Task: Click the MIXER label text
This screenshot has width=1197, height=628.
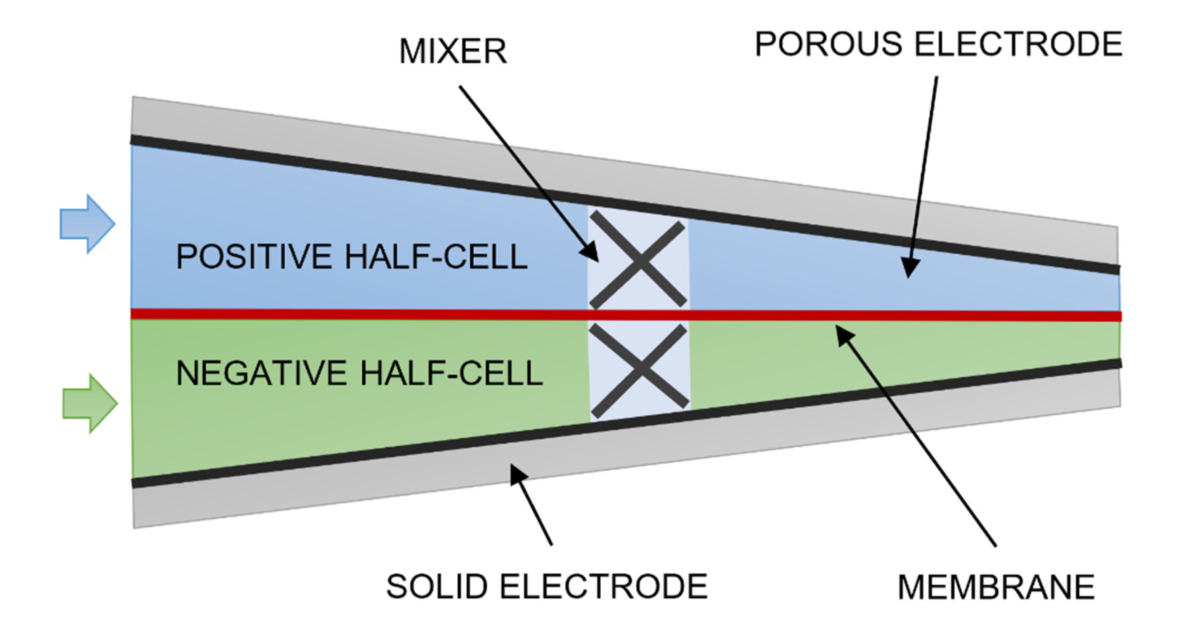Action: pos(453,52)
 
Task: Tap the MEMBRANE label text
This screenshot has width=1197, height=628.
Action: pos(996,588)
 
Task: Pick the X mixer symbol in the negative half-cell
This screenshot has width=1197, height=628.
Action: pos(640,370)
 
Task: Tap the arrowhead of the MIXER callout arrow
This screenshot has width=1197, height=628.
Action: pos(591,254)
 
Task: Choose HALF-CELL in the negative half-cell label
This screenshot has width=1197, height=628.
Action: pos(452,373)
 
